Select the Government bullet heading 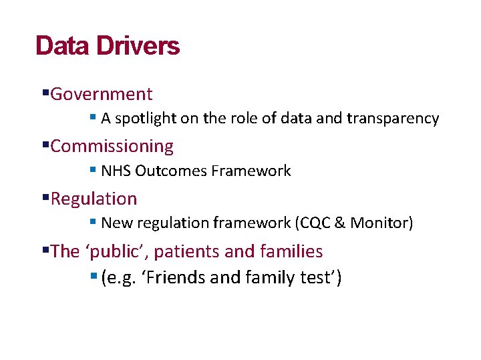click(x=101, y=94)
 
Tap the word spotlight click(x=146, y=119)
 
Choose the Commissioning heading click(x=112, y=146)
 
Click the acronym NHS click(x=116, y=171)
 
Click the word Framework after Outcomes click(x=251, y=171)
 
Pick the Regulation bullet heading click(x=94, y=199)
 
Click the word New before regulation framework click(x=117, y=223)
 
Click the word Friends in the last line click(x=176, y=277)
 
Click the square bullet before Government click(x=45, y=93)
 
